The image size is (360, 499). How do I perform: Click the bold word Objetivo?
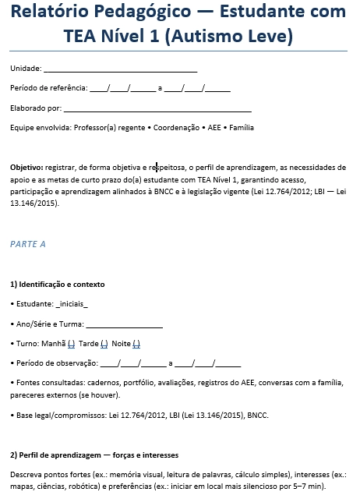click(x=26, y=168)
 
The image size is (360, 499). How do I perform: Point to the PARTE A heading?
click(x=28, y=244)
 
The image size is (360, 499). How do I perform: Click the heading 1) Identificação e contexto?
click(x=58, y=285)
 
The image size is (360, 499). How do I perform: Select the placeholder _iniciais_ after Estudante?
click(x=72, y=304)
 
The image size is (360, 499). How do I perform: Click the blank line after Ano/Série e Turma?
click(x=124, y=324)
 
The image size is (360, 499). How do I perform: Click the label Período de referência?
click(x=48, y=88)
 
